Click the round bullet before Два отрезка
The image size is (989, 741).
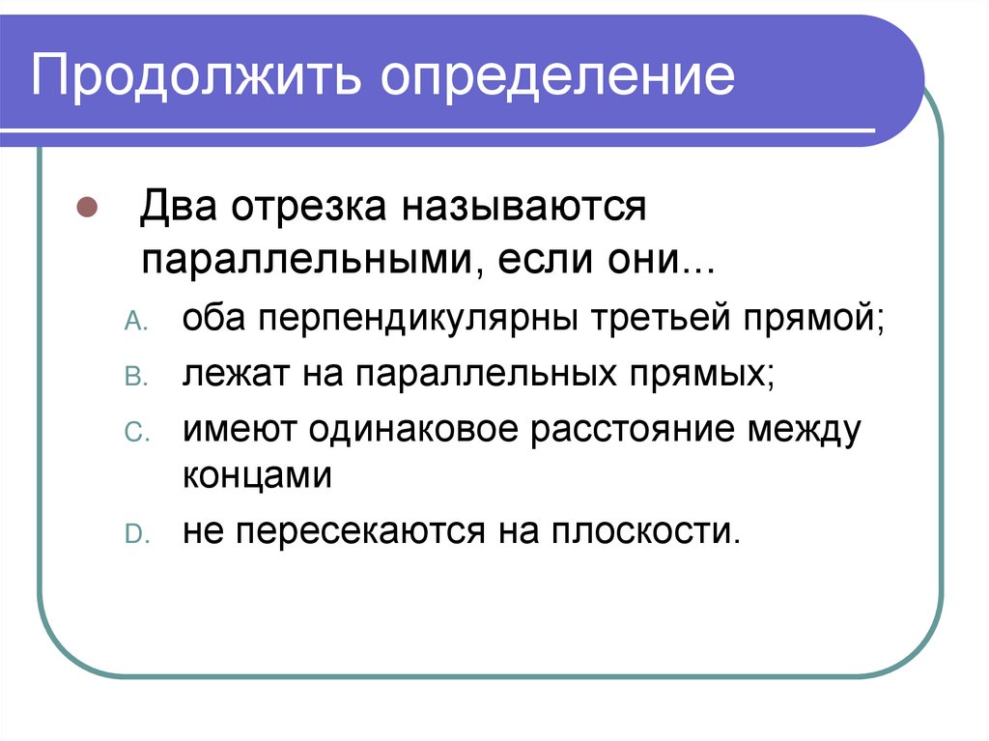(86, 208)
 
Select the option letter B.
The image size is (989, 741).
(132, 377)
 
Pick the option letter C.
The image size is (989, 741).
(132, 433)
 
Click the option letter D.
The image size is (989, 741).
(132, 534)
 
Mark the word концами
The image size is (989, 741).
(256, 477)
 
